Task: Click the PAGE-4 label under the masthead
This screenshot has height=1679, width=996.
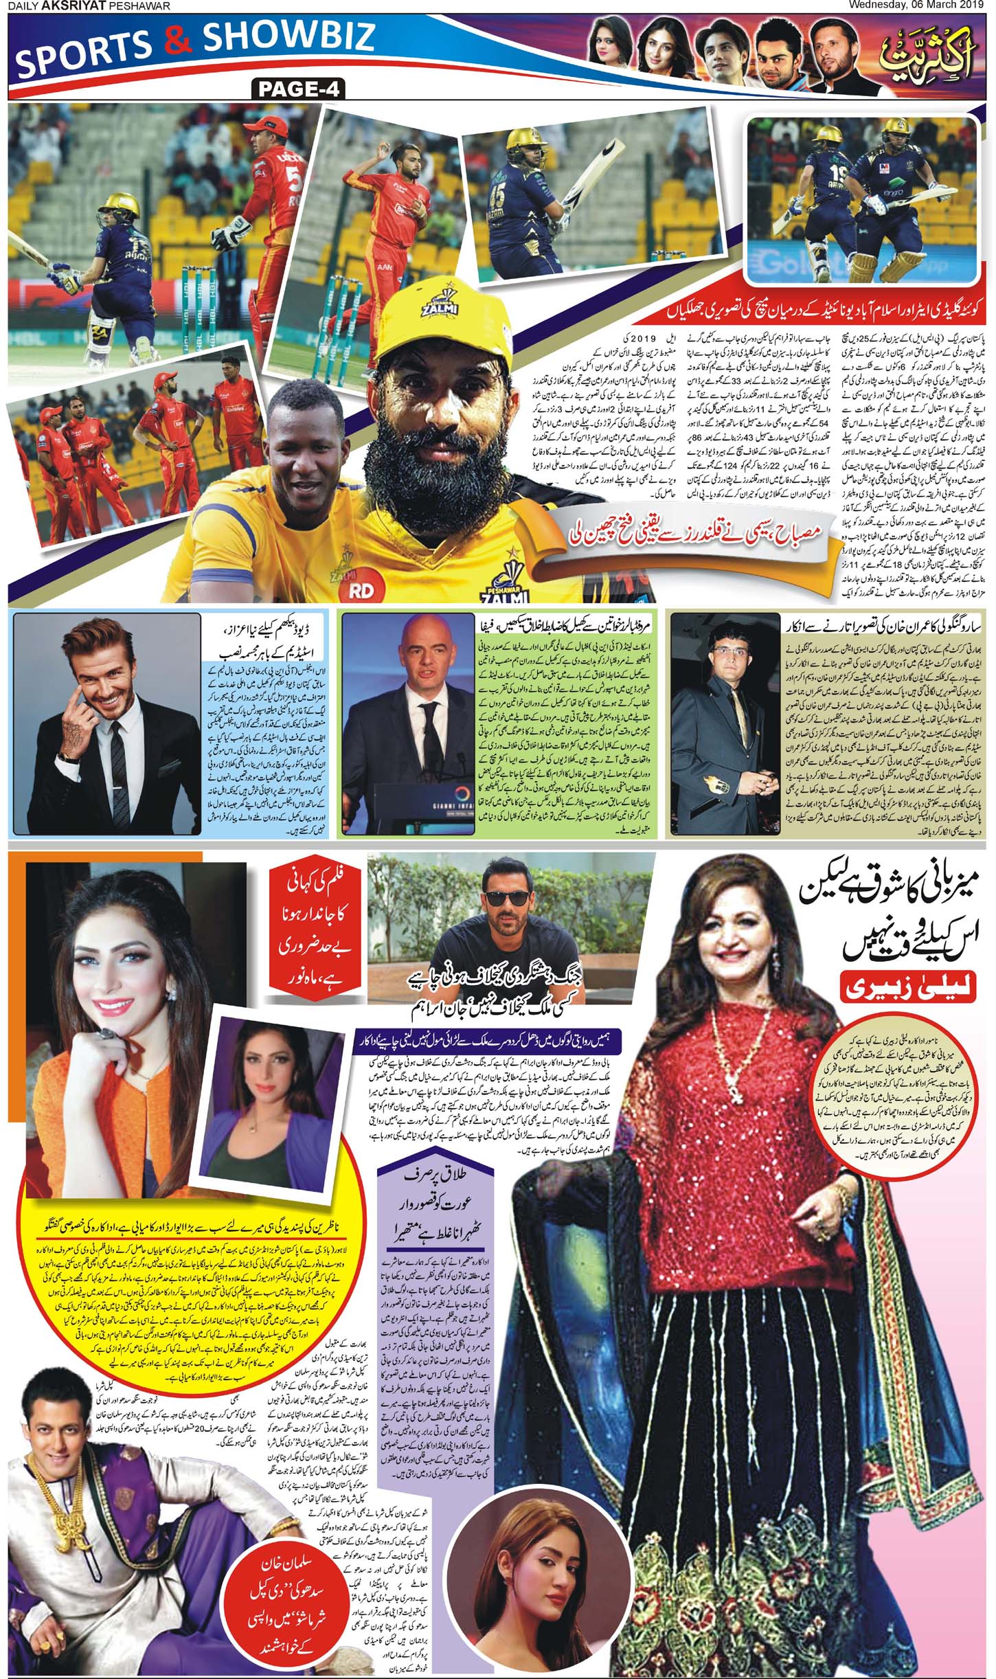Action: pos(298,89)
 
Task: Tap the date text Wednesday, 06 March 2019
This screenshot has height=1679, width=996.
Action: pos(925,6)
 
